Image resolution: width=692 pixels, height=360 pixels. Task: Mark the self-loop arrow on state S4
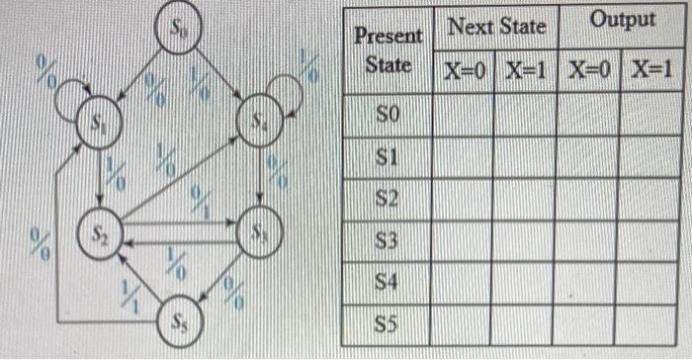pos(288,93)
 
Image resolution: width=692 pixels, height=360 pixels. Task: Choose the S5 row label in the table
pos(387,323)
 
